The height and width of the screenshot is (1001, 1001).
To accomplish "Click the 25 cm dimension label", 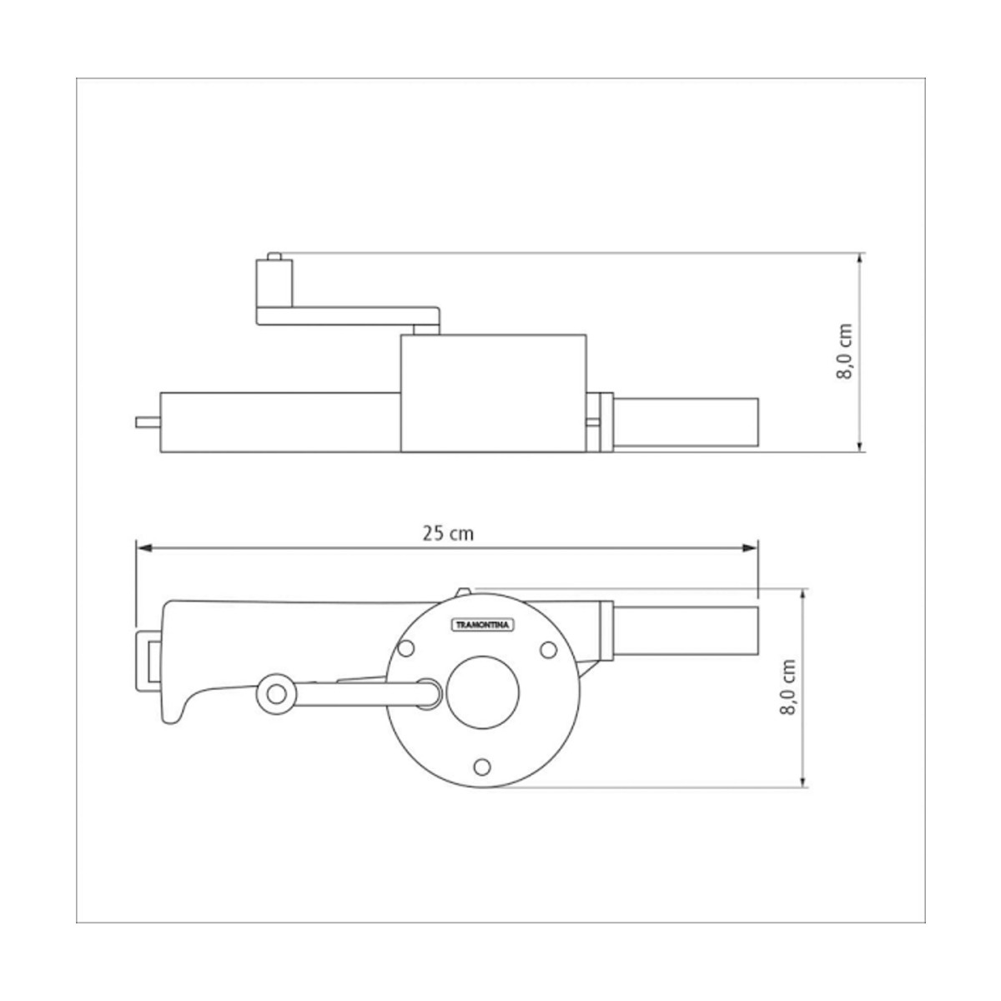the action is point(448,534).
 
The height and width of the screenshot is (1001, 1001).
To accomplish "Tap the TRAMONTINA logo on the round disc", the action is point(481,625).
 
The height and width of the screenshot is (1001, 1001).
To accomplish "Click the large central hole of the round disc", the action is point(482,692).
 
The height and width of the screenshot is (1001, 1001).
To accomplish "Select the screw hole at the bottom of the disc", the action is point(482,767).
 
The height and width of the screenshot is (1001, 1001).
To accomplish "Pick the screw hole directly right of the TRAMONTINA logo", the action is point(549,649).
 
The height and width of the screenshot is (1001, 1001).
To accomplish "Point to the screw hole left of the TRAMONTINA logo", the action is point(405,648).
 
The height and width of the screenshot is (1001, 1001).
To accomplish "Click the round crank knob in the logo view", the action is point(276,694).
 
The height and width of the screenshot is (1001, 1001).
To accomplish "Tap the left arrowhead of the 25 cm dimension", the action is point(143,548).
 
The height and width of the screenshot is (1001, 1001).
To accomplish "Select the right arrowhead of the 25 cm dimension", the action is point(750,548).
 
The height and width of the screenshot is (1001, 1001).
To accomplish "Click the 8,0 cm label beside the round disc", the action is point(787,687).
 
